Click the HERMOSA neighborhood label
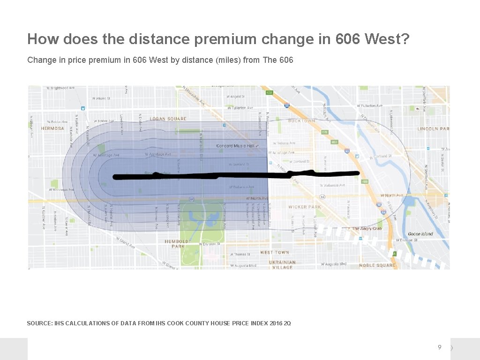click(x=52, y=128)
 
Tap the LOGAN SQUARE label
click(x=168, y=119)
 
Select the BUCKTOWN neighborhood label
click(x=301, y=121)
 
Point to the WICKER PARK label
click(x=304, y=207)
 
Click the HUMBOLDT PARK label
click(x=178, y=244)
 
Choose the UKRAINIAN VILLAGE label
click(x=282, y=265)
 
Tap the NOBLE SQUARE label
click(x=377, y=265)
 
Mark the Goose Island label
click(x=420, y=234)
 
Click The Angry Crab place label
click(x=367, y=229)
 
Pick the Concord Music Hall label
click(x=235, y=146)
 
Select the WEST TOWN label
click(x=274, y=252)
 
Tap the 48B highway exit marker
click(x=365, y=182)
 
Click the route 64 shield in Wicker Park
click(x=322, y=197)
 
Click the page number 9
click(x=439, y=347)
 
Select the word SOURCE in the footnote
click(x=39, y=323)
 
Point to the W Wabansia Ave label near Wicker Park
click(x=334, y=185)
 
